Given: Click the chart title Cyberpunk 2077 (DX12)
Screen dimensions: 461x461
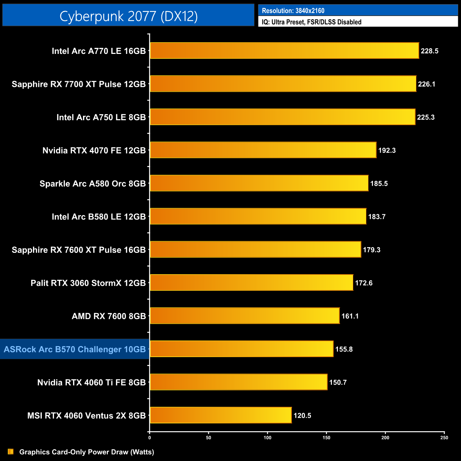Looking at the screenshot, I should tap(128, 16).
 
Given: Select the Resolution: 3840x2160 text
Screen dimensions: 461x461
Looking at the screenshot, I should tap(293, 11).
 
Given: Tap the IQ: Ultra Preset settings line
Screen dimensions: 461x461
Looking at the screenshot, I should tap(311, 22).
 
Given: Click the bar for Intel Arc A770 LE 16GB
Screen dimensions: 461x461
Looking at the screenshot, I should tap(284, 51).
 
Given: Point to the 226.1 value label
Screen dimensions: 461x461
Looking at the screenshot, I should tap(426, 84).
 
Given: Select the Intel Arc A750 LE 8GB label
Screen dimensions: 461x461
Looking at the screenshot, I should tap(101, 117).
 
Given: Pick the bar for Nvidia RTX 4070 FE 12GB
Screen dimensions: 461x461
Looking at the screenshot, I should tap(263, 150).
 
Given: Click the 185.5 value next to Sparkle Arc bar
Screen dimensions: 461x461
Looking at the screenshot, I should tap(379, 184).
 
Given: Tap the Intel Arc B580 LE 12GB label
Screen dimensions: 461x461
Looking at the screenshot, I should tap(99, 217).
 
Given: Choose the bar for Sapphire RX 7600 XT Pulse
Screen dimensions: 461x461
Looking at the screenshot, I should tap(255, 249).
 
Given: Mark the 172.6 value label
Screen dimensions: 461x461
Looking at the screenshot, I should tap(363, 283).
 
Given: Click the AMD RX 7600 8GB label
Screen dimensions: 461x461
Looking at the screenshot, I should tap(109, 316).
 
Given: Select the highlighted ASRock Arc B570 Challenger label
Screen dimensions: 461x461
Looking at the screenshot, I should tap(74, 349).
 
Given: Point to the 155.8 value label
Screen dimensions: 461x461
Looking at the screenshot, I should tap(344, 349).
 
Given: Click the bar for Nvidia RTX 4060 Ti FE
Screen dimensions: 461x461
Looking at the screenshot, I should tap(238, 382).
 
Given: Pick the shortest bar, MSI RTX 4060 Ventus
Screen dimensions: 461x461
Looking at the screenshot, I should tap(221, 415).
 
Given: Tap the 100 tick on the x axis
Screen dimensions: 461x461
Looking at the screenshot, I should tap(267, 438).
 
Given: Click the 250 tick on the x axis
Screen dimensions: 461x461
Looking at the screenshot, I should tap(444, 438).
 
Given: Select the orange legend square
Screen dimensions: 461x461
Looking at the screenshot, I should tap(11, 452).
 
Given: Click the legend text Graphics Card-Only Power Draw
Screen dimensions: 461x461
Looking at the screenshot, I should tap(87, 452).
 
